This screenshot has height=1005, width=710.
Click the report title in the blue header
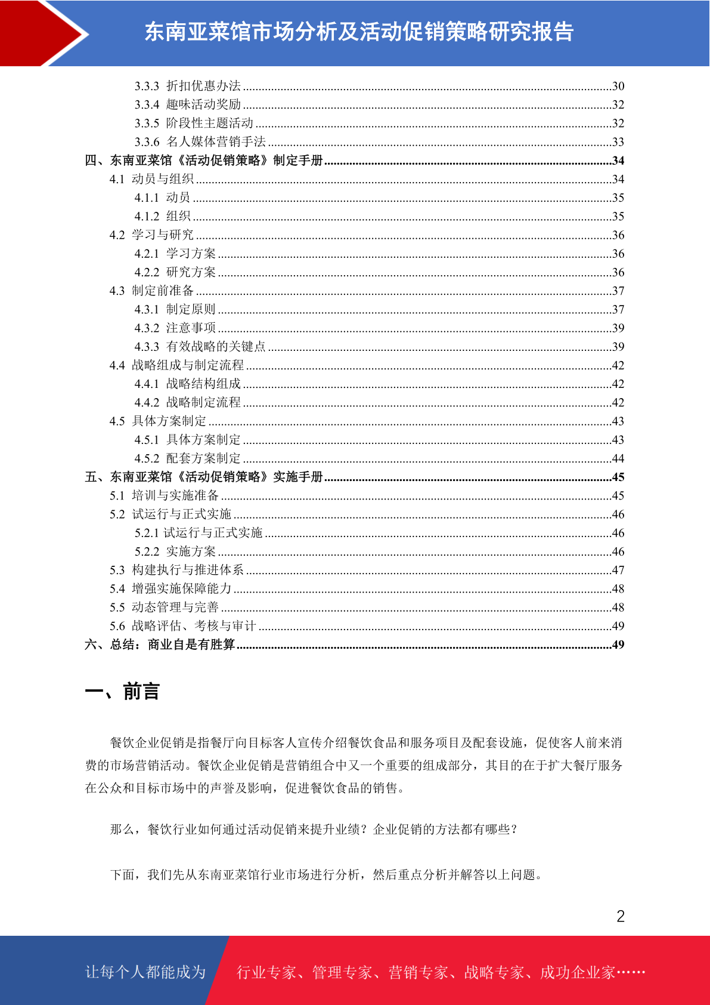click(x=359, y=32)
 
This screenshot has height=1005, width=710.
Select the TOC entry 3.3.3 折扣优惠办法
click(x=188, y=86)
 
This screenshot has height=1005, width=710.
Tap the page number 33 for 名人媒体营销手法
click(x=618, y=142)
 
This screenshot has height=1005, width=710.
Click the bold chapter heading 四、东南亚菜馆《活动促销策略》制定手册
click(x=204, y=161)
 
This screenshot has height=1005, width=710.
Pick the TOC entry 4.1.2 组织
click(x=162, y=216)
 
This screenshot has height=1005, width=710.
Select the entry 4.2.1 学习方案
click(x=175, y=254)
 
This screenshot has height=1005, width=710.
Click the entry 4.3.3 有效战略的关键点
click(x=200, y=347)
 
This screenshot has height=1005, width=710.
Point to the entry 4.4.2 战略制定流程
click(x=187, y=402)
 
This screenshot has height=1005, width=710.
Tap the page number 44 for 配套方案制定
click(x=618, y=458)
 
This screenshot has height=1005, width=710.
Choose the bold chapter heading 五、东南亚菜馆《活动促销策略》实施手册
click(x=204, y=477)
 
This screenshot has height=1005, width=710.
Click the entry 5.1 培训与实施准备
click(x=164, y=495)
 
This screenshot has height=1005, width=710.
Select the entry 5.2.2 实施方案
click(x=175, y=551)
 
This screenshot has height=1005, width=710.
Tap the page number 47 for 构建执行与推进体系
click(x=618, y=570)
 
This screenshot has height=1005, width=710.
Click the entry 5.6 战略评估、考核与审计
click(x=182, y=626)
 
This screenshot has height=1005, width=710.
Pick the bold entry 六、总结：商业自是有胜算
click(x=160, y=645)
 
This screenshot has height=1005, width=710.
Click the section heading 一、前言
click(x=122, y=692)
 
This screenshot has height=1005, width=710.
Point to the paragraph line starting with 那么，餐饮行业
click(x=314, y=829)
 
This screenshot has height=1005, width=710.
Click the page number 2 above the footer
click(x=621, y=916)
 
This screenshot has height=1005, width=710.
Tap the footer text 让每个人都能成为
click(x=145, y=972)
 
